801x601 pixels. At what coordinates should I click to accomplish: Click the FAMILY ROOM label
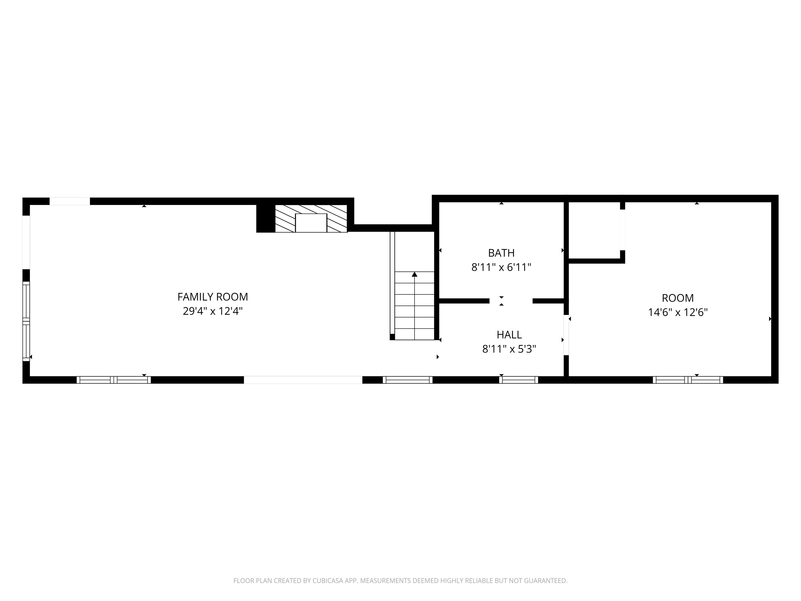(x=213, y=297)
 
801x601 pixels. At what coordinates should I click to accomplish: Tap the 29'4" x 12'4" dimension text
(x=213, y=311)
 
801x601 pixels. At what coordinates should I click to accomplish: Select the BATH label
(x=501, y=253)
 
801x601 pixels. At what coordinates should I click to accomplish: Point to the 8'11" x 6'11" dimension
(x=501, y=267)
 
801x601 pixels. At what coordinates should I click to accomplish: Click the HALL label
(x=509, y=334)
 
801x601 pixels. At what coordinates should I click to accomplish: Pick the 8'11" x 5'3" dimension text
(x=509, y=349)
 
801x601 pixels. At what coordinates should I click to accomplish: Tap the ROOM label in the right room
(x=677, y=298)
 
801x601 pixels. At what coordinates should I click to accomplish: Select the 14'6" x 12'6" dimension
(x=677, y=312)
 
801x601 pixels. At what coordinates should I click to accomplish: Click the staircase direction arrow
(x=415, y=275)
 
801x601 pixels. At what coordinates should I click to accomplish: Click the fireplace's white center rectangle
(x=311, y=223)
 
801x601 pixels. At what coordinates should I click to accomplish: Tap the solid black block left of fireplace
(x=265, y=218)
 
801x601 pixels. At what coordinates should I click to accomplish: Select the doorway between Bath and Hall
(x=511, y=301)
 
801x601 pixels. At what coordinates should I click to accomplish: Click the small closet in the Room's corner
(x=594, y=230)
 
